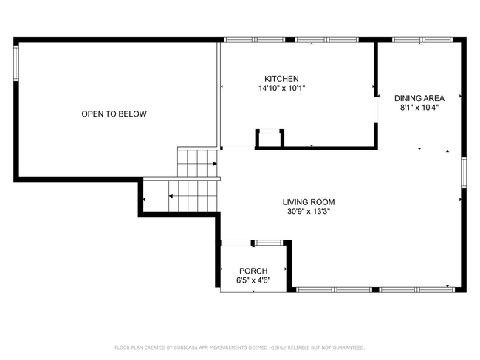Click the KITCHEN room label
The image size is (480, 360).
click(x=281, y=79)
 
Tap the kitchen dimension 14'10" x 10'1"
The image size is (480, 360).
click(x=281, y=89)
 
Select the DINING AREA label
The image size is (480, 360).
click(x=419, y=98)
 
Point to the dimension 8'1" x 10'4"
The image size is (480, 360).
click(x=419, y=108)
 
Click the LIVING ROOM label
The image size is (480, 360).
click(x=309, y=201)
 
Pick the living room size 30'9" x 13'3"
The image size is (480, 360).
click(x=309, y=211)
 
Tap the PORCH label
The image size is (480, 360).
click(x=253, y=271)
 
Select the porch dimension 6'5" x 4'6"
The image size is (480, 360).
click(x=253, y=280)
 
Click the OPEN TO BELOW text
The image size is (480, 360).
click(x=114, y=114)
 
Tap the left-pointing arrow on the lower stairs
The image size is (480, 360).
click(x=171, y=196)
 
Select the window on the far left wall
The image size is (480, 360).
click(x=16, y=62)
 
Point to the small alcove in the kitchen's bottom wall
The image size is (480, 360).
click(x=270, y=139)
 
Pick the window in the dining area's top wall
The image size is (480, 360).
click(x=417, y=39)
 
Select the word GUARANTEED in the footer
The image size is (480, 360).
click(x=347, y=347)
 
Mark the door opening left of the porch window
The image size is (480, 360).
click(x=235, y=242)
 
